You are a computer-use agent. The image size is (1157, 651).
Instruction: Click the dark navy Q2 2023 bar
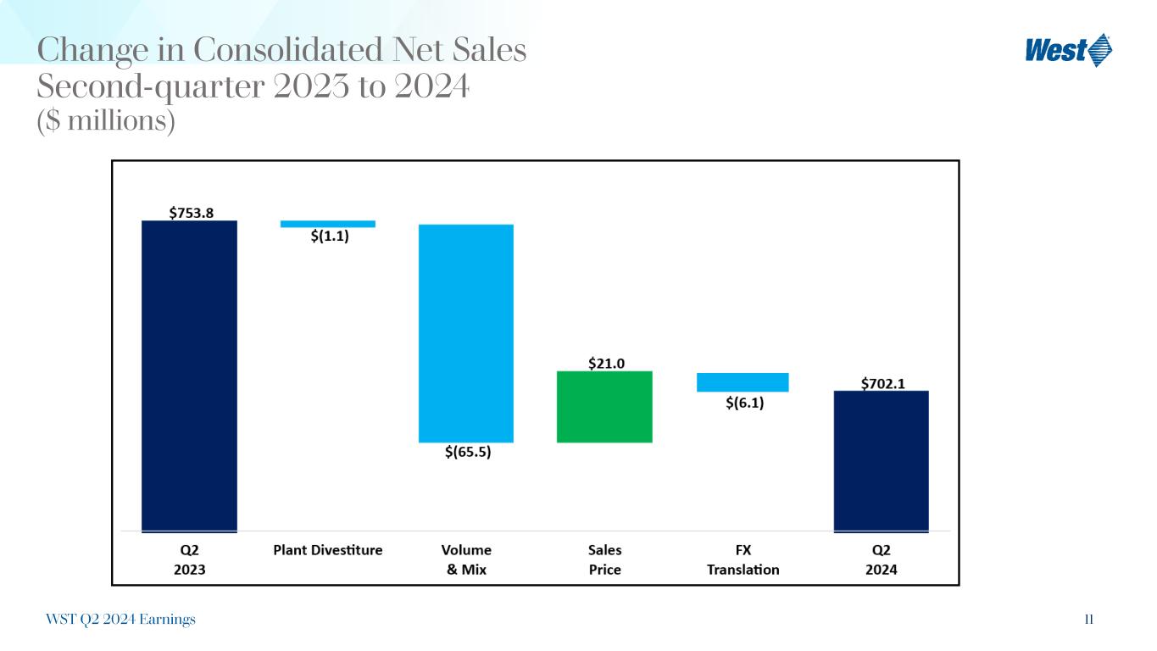tap(189, 376)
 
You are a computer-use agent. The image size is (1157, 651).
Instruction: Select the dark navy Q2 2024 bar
tap(881, 461)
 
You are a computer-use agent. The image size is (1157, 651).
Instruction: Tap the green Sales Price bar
tap(604, 407)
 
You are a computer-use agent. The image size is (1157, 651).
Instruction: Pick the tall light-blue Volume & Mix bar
tap(466, 333)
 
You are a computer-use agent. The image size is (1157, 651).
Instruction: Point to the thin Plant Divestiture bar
tap(328, 224)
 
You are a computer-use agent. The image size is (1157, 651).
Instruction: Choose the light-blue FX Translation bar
tap(743, 382)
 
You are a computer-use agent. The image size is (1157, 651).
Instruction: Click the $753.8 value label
tap(190, 213)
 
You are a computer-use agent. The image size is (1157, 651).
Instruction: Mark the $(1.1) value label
tap(329, 236)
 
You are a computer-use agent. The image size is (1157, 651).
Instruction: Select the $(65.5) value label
tap(468, 452)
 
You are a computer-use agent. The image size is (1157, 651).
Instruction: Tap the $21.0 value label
tap(607, 364)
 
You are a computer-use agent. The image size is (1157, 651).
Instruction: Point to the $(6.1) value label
tap(744, 403)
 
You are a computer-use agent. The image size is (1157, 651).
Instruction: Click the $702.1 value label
tap(882, 383)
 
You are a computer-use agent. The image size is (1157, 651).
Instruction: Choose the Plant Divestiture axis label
tap(328, 550)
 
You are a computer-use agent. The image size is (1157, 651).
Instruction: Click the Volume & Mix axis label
tap(467, 559)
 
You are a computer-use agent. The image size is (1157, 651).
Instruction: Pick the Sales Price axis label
tap(605, 559)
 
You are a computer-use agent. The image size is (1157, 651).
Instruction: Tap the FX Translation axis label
tap(743, 559)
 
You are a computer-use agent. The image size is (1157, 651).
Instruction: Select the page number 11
tap(1088, 620)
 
